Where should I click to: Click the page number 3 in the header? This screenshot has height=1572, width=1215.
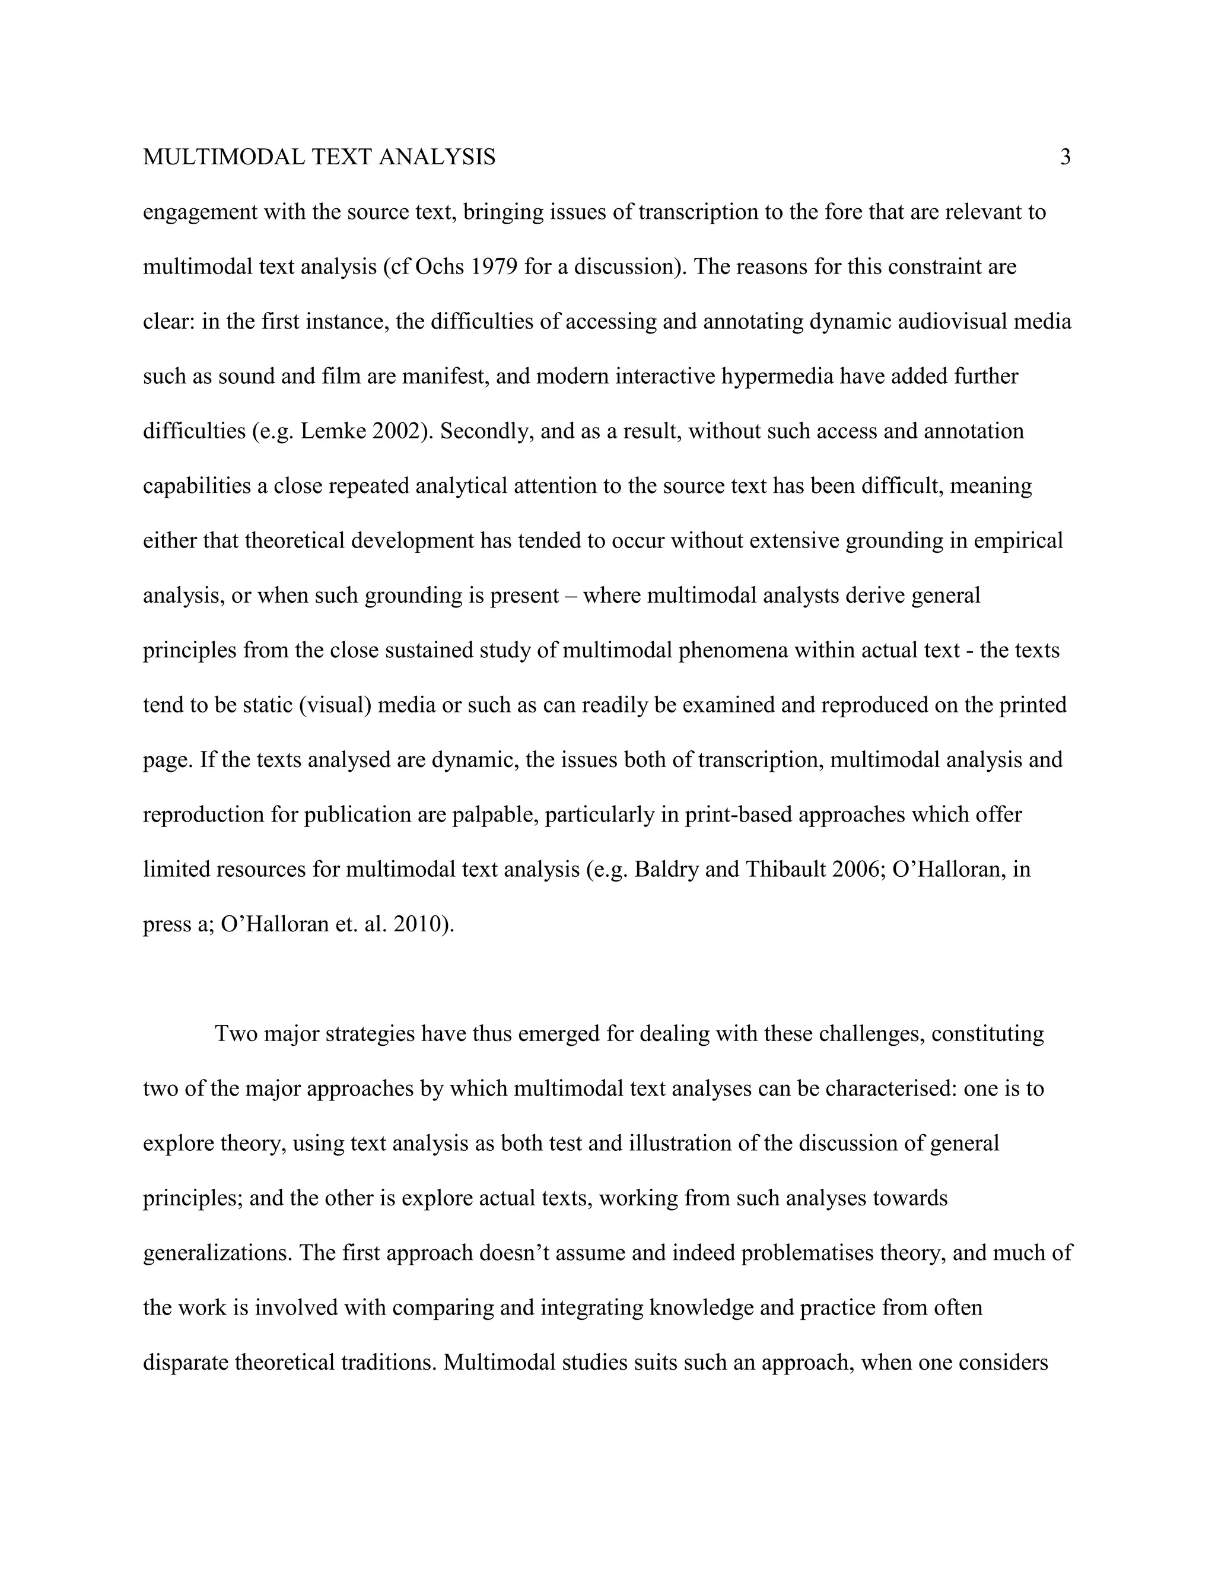coord(1065,157)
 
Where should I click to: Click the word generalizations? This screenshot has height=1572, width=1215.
coord(217,1253)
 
